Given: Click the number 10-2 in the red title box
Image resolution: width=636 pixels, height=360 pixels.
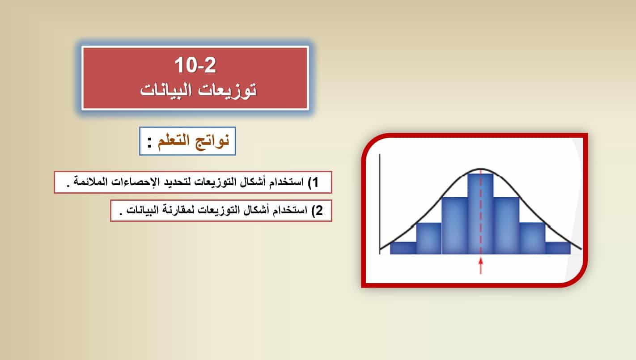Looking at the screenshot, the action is click(195, 65).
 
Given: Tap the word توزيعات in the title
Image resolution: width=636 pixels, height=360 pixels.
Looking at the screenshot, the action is click(227, 90).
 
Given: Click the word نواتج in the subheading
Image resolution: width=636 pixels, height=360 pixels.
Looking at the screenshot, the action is click(212, 141).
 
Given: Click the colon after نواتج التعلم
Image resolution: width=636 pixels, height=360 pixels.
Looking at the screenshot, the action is click(149, 142).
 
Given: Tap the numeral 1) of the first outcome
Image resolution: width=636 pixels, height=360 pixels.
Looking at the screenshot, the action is click(313, 182).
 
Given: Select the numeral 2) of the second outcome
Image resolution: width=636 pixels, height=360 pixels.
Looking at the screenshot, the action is click(317, 210).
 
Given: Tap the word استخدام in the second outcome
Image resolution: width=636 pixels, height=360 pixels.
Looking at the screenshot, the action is click(290, 210).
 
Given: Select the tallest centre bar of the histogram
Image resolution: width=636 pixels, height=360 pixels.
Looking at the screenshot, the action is click(480, 213).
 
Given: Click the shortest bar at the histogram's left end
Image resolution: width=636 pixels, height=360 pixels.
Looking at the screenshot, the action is click(403, 248).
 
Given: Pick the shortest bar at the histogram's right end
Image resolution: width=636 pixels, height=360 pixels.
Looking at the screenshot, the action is click(558, 248).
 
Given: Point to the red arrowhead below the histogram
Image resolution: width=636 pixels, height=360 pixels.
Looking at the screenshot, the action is click(481, 261).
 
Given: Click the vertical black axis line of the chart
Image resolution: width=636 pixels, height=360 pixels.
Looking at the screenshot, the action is click(380, 204).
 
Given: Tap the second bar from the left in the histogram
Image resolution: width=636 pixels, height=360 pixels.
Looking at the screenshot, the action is click(429, 238).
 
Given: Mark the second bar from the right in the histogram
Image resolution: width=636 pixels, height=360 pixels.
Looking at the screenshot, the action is click(532, 238).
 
